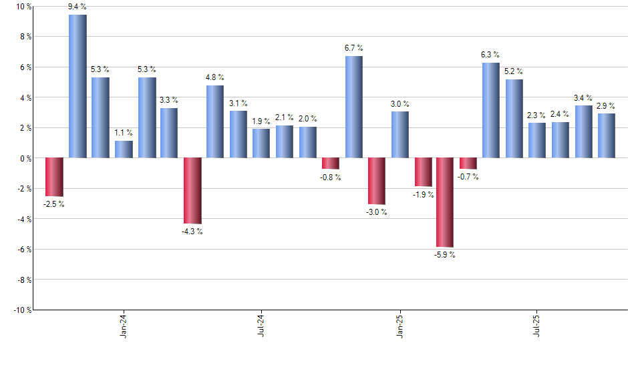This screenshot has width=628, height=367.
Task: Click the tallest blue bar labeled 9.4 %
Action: (77, 86)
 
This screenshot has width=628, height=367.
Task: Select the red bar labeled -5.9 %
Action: (445, 202)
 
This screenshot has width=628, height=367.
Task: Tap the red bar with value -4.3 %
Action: (192, 190)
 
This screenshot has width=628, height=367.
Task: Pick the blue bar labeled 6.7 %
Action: (354, 107)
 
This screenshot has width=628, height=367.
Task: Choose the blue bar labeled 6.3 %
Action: (491, 110)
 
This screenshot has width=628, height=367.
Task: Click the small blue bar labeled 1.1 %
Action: (124, 149)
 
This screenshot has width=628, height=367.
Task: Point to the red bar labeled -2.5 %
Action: (54, 177)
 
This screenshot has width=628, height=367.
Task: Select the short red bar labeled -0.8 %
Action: (331, 163)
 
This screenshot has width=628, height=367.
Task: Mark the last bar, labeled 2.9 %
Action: (607, 135)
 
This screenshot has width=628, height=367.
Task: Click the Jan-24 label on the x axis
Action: (124, 326)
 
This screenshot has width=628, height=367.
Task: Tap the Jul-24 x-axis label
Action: (261, 326)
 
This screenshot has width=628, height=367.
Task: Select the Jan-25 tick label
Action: (400, 326)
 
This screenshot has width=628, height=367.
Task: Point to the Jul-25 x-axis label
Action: (537, 326)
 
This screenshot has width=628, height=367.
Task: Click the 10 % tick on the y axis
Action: (24, 7)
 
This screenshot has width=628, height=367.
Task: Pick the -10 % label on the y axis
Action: (22, 310)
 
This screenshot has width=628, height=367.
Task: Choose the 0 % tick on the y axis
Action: (26, 158)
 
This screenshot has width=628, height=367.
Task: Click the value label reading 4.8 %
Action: (215, 77)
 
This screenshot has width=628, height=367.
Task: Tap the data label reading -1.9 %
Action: (423, 195)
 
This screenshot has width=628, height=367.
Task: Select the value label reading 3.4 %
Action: (584, 97)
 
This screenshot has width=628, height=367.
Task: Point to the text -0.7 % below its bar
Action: (468, 177)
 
